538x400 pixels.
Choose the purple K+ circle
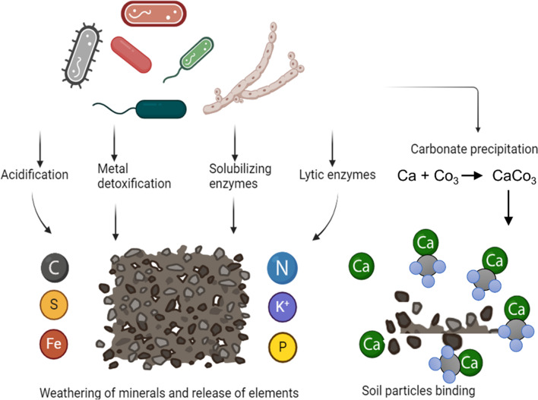(x=283, y=305)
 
